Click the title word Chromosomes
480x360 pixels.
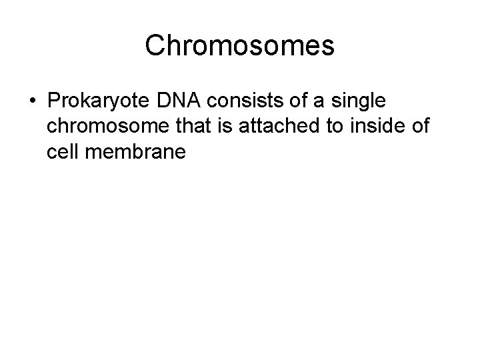239,45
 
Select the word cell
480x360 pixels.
63,153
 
